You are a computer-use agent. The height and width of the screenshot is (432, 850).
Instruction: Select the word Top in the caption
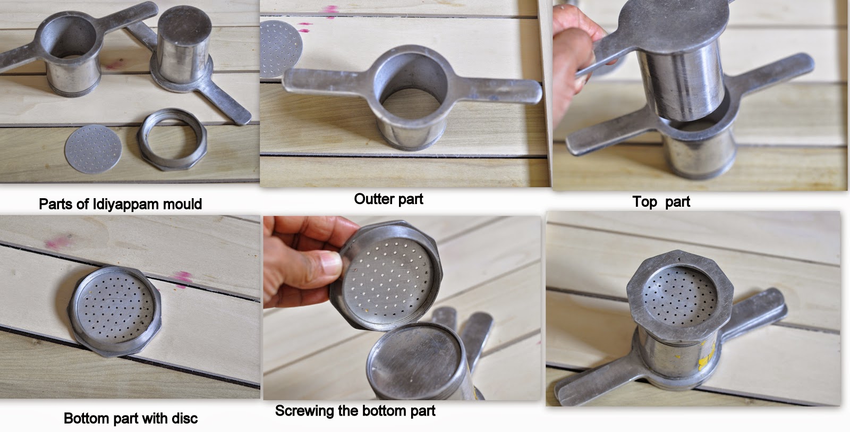[644, 202]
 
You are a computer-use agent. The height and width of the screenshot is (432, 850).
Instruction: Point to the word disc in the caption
[185, 418]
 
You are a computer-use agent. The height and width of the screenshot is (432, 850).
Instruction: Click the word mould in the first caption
[182, 204]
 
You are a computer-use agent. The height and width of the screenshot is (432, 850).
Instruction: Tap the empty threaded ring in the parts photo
[173, 139]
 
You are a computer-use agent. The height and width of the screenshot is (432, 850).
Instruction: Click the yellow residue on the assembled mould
[707, 355]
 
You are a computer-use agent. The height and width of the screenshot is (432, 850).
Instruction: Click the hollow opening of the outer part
[411, 87]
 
